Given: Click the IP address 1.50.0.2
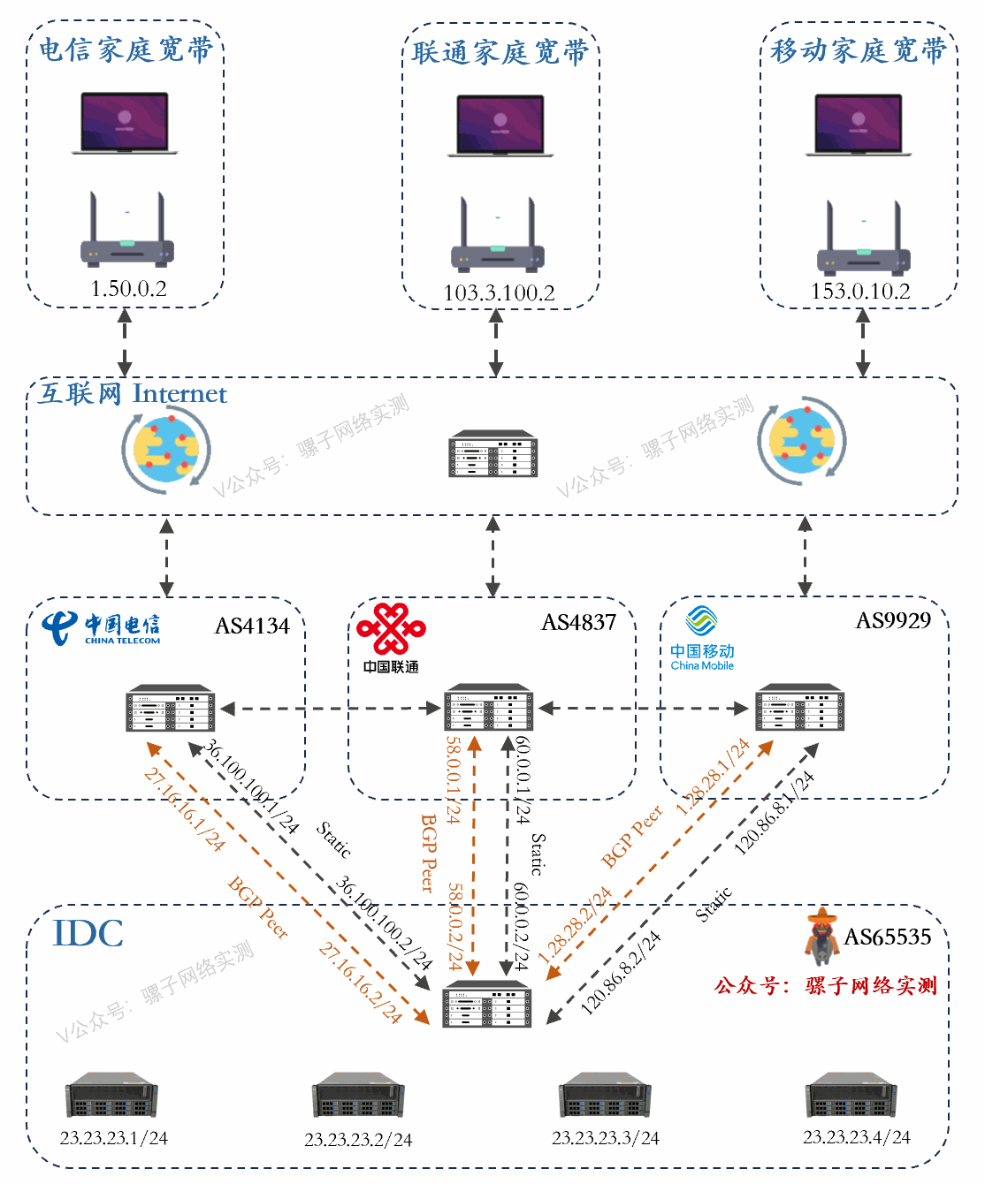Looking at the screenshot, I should (x=128, y=289).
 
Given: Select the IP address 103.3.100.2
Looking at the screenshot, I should (x=499, y=293).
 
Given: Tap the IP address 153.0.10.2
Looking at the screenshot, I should (x=860, y=292).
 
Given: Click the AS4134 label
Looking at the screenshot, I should (x=252, y=626).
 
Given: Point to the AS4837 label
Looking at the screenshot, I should (x=578, y=623).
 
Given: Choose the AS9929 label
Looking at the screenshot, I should (x=893, y=621).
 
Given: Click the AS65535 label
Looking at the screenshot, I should (x=888, y=937).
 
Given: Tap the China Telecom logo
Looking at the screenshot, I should (x=101, y=628).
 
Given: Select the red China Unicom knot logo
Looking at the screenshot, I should (x=391, y=630).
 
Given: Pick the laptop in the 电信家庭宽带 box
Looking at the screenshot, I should (x=125, y=123).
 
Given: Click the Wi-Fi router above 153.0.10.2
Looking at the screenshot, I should (x=863, y=239).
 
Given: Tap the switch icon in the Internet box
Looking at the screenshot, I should (x=493, y=454).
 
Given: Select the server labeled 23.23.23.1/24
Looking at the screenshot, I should (x=111, y=1096).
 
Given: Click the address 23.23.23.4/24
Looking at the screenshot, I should (x=856, y=1138).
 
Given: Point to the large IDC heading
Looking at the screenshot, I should (x=88, y=934).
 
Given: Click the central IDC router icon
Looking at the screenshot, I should (x=487, y=1004).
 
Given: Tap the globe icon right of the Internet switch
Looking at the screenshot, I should (x=801, y=441).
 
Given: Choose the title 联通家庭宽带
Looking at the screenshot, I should (x=500, y=53).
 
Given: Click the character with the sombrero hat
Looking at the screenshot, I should (x=822, y=936).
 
